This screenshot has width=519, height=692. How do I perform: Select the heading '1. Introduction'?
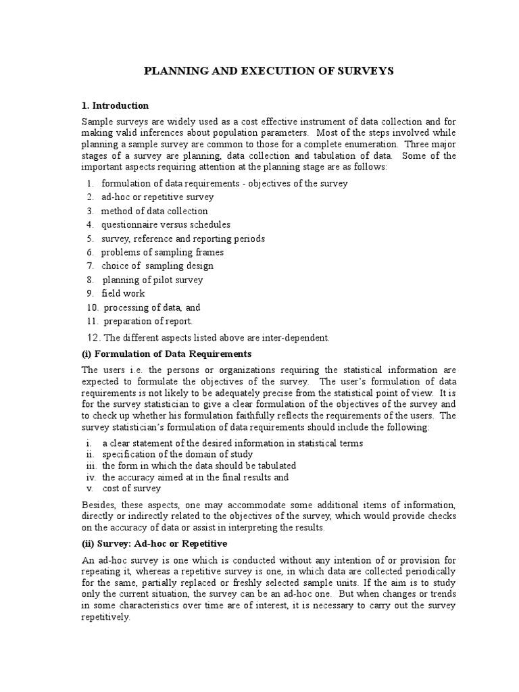click(115, 105)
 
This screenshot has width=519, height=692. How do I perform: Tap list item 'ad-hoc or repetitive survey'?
click(157, 197)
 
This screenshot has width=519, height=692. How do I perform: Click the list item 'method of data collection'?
click(155, 211)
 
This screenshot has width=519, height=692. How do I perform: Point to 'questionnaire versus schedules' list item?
click(166, 224)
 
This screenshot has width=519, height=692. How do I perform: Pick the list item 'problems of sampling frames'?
click(162, 252)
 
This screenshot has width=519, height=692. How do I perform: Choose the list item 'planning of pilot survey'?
click(153, 280)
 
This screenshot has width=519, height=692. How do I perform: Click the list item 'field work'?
click(123, 293)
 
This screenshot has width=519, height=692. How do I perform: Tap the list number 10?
click(92, 307)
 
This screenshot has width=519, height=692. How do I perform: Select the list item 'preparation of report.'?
click(149, 321)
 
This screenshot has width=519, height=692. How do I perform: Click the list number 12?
click(93, 337)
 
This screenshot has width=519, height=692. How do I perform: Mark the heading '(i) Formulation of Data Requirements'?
click(166, 353)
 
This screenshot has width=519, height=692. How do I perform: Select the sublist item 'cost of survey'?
click(132, 488)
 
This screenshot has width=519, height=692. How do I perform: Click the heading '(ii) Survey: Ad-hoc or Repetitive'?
click(155, 543)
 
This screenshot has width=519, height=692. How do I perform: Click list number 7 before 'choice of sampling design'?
click(89, 266)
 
